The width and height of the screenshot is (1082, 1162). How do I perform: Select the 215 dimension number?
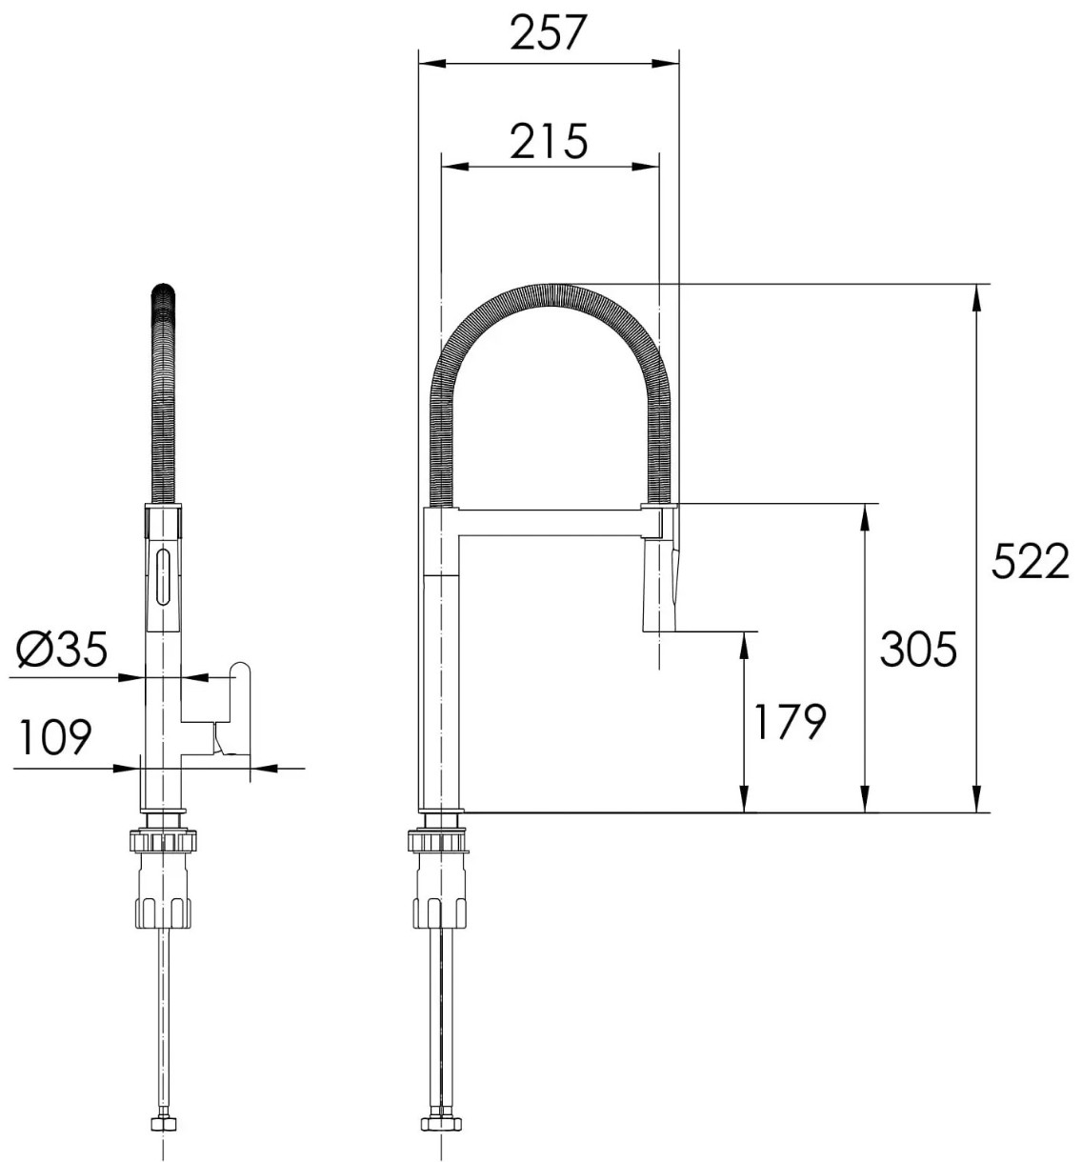pos(548,141)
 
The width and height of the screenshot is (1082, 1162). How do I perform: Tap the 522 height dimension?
pos(1030,561)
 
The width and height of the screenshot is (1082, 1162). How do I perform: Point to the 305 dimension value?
pos(917,649)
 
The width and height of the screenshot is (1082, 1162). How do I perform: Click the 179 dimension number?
pos(790,721)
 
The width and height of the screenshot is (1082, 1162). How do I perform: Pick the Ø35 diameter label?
pos(63,649)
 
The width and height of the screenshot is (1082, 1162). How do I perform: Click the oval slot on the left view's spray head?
pos(163,576)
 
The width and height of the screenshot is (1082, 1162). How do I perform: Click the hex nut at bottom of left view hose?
pos(163,1125)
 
